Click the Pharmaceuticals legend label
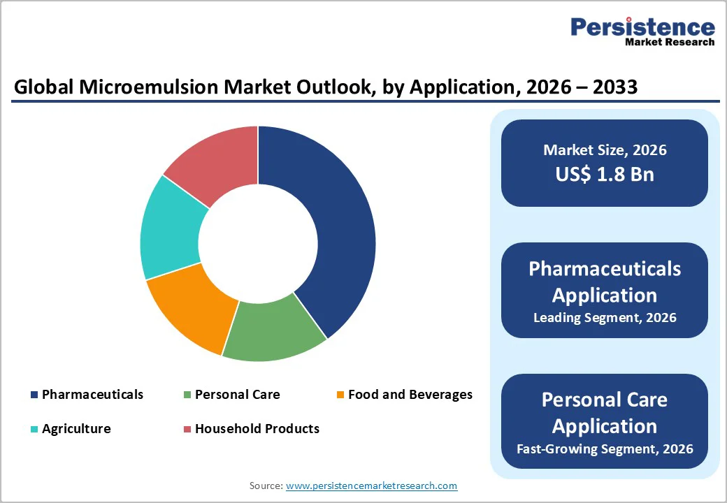(92, 395)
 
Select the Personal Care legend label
(237, 395)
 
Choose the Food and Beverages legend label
(410, 395)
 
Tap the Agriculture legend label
(76, 429)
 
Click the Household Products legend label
(257, 429)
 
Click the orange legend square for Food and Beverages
(340, 395)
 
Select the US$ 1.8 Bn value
(605, 174)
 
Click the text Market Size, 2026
(605, 150)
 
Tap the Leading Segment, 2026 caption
(605, 318)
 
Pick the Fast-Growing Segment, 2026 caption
(605, 449)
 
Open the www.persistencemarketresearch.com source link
(371, 486)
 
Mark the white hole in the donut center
(258, 244)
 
